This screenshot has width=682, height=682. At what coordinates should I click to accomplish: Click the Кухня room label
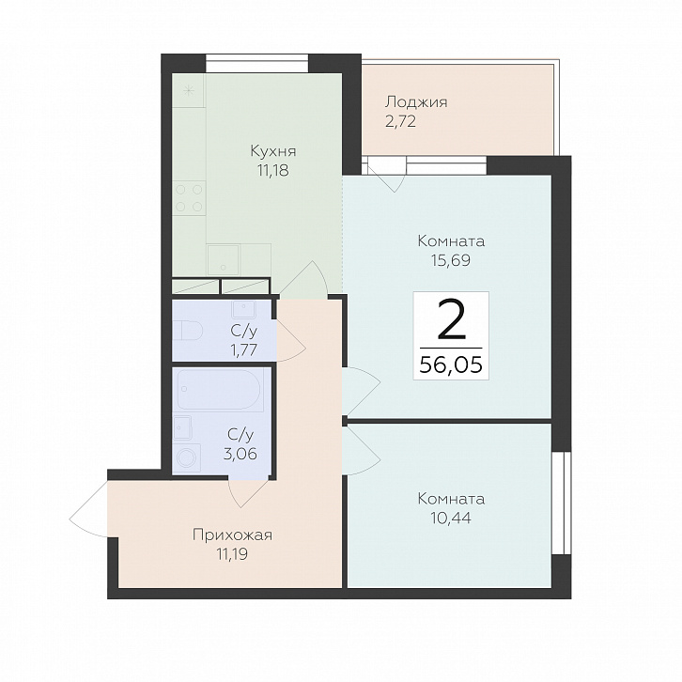pos(273,151)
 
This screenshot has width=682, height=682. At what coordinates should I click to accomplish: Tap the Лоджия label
pos(416,102)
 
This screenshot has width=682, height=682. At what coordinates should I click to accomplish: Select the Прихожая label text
pos(232,535)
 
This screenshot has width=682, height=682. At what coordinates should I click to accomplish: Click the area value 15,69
pos(451,260)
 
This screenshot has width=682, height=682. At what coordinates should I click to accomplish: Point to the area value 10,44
pos(451,518)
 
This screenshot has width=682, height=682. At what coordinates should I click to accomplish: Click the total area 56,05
pos(451,364)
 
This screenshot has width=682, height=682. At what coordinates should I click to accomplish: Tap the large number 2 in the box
pos(451,320)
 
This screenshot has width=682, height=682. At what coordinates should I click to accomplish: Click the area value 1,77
pos(244,349)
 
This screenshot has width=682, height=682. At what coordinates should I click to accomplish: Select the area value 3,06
pos(240,454)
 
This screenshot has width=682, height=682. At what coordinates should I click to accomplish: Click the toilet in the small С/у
pos(188,330)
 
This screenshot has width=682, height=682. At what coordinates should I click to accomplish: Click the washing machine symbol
pos(188,458)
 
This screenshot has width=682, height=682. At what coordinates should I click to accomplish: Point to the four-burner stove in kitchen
pos(189,198)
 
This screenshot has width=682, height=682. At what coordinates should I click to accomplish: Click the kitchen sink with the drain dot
pos(224,260)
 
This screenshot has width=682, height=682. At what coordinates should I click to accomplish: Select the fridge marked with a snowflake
pos(188,90)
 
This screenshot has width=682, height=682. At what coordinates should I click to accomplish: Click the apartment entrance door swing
pos(88,509)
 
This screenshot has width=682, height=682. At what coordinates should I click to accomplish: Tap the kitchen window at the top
pos(257,62)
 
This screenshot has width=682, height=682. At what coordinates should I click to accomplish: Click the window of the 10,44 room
pos(561,503)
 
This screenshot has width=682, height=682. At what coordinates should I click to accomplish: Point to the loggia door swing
pos(386,174)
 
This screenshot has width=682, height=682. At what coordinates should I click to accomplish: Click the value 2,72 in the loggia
pos(400,121)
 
